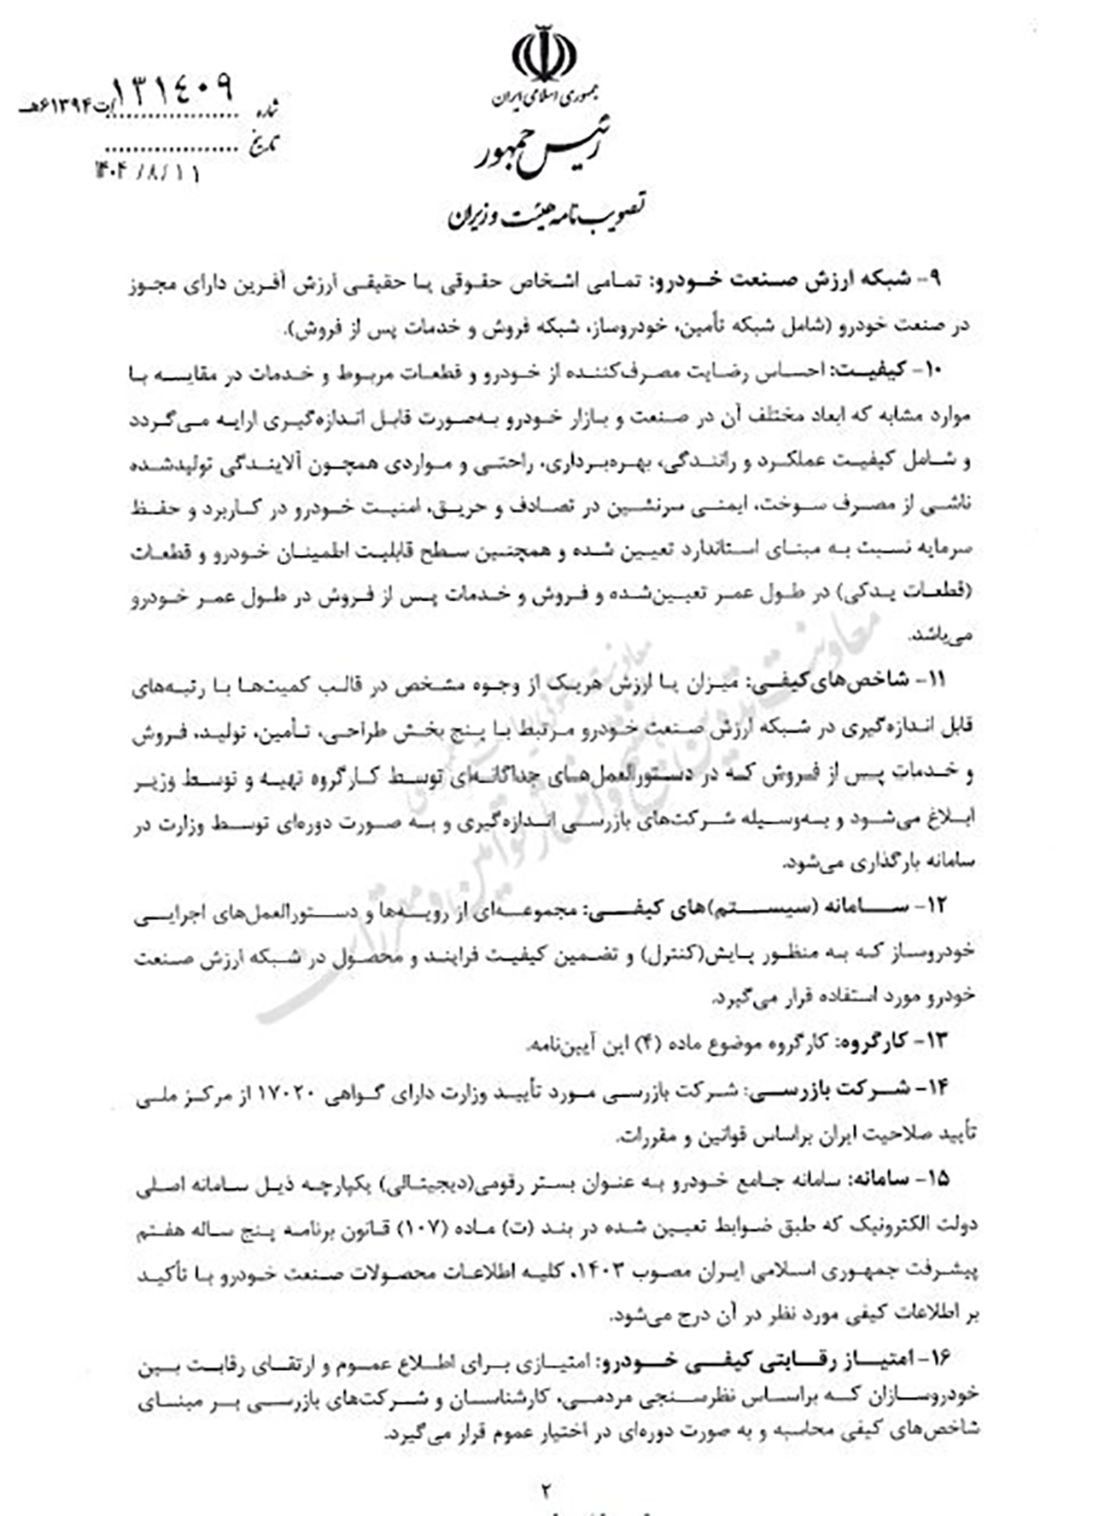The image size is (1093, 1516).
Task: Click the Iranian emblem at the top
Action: point(543,53)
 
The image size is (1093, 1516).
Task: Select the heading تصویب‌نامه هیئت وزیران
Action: point(546,214)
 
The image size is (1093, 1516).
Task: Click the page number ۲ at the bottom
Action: point(546,1489)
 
